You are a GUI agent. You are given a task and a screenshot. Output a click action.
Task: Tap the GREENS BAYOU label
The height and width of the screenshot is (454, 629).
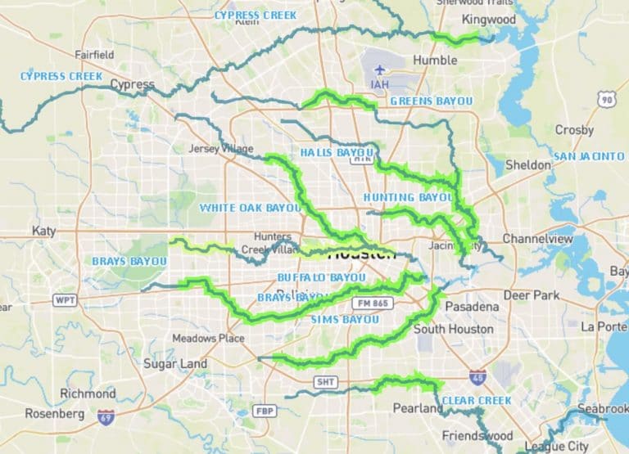[x=431, y=101]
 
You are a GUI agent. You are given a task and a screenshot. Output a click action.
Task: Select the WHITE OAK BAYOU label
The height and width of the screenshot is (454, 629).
[x=250, y=208]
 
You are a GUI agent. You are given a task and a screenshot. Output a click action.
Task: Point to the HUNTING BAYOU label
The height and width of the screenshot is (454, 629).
[x=408, y=198]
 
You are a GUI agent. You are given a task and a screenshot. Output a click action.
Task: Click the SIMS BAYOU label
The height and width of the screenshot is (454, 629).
[x=345, y=319]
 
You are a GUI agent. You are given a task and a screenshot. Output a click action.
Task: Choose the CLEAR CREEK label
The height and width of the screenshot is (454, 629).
[x=476, y=400]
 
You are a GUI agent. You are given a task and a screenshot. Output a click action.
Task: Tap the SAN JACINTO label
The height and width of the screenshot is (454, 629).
[x=589, y=156]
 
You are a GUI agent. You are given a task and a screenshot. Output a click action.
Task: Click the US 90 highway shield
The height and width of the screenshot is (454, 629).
[x=606, y=99]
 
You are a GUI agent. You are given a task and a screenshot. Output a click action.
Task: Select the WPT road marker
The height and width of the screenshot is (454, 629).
[x=66, y=300]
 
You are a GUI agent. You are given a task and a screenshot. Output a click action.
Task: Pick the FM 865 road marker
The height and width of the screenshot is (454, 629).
[x=376, y=303]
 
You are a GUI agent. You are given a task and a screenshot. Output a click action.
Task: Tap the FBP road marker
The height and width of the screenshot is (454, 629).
[x=264, y=410]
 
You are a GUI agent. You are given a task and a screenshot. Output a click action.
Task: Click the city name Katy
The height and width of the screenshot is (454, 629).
[x=43, y=231]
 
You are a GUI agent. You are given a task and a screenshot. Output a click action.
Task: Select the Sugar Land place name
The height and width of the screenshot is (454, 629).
[x=175, y=363]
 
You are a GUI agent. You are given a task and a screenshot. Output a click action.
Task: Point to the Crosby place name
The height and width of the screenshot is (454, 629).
[x=574, y=129]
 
